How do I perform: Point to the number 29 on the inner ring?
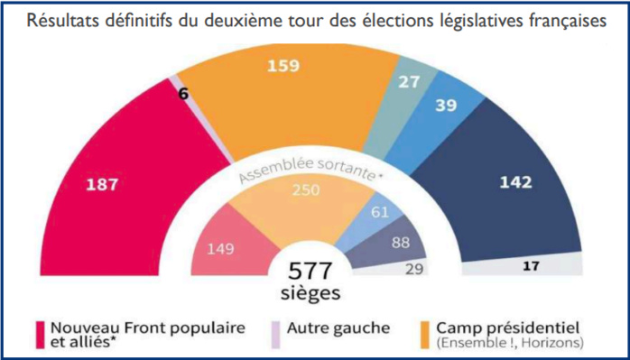(x=414, y=269)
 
